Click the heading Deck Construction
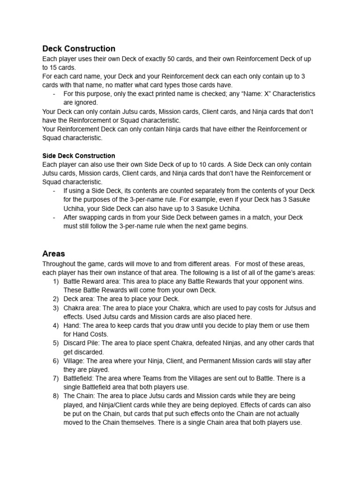pos(79,49)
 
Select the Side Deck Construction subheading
pos(78,156)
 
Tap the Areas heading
pos(53,254)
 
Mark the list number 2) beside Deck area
pos(55,299)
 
